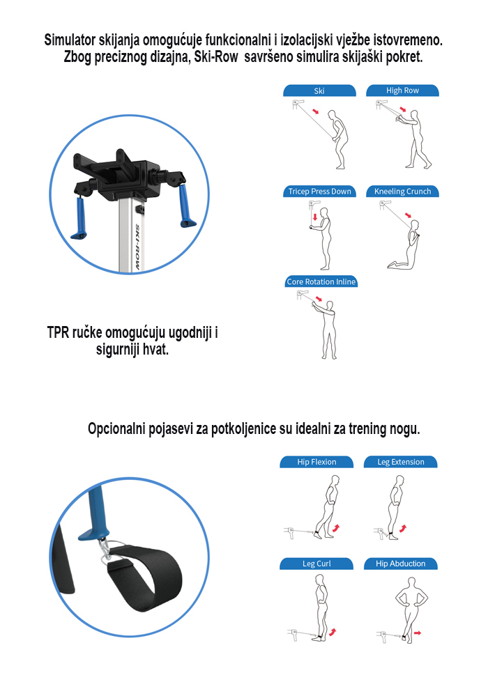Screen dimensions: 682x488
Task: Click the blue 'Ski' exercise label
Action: [x=319, y=91]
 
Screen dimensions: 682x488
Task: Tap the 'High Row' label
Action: [x=402, y=91]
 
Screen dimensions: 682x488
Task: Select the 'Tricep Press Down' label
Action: [x=320, y=192]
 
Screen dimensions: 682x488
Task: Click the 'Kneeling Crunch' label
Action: [x=402, y=192]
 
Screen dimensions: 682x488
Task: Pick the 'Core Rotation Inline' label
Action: [x=321, y=282]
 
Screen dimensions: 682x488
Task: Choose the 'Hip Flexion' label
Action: [x=317, y=462]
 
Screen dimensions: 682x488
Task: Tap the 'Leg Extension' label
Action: [x=401, y=462]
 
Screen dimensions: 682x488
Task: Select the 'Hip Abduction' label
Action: [x=400, y=564]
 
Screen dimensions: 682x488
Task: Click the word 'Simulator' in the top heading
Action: [x=70, y=40]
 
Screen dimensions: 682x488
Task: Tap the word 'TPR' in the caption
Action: [x=59, y=332]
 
